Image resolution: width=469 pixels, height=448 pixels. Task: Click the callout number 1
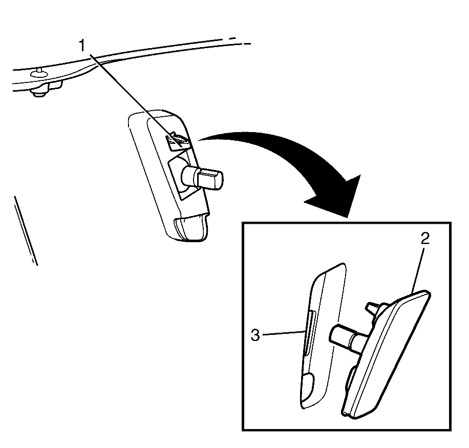[x=81, y=47]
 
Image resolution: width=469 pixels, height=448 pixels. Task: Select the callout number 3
[x=255, y=335]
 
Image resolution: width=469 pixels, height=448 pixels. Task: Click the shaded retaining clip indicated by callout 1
[x=177, y=141]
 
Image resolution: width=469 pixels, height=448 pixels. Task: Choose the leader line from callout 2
[x=417, y=269]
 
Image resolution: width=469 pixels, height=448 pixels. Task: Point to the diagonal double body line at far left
[x=26, y=230]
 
